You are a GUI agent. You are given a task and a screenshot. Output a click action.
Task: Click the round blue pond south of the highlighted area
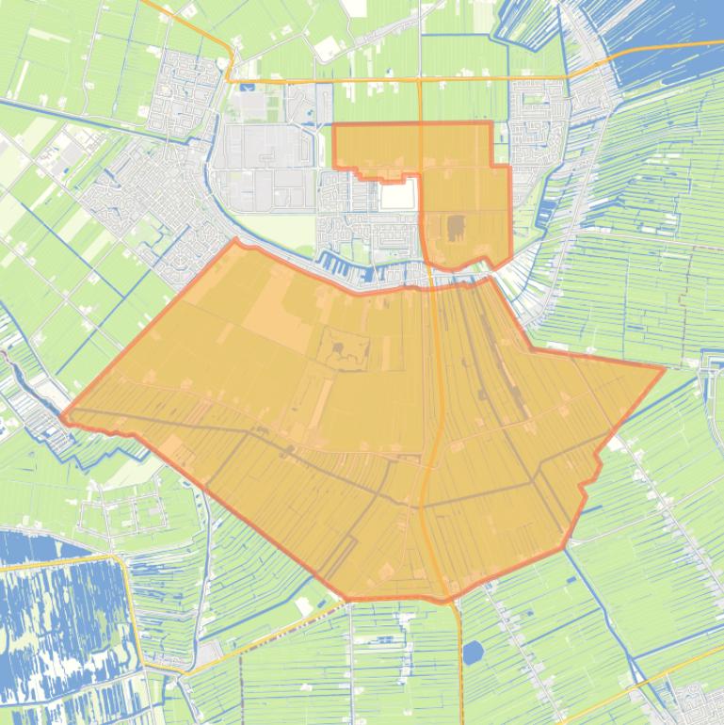(x=474, y=652)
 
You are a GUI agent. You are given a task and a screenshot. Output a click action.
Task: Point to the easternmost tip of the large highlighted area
(x=664, y=369)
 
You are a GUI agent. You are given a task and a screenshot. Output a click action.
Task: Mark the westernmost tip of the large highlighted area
(x=62, y=415)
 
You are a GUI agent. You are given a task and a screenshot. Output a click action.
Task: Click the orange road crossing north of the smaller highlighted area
(x=419, y=81)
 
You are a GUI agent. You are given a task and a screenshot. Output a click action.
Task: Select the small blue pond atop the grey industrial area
(x=247, y=88)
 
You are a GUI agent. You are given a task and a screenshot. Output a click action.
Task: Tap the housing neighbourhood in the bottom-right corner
(x=701, y=701)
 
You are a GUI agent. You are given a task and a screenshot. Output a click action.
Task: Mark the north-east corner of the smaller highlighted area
(x=491, y=122)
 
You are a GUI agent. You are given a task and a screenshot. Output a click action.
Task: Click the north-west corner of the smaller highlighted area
(x=335, y=124)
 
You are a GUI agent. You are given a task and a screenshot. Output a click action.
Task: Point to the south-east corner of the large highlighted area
(x=565, y=548)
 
